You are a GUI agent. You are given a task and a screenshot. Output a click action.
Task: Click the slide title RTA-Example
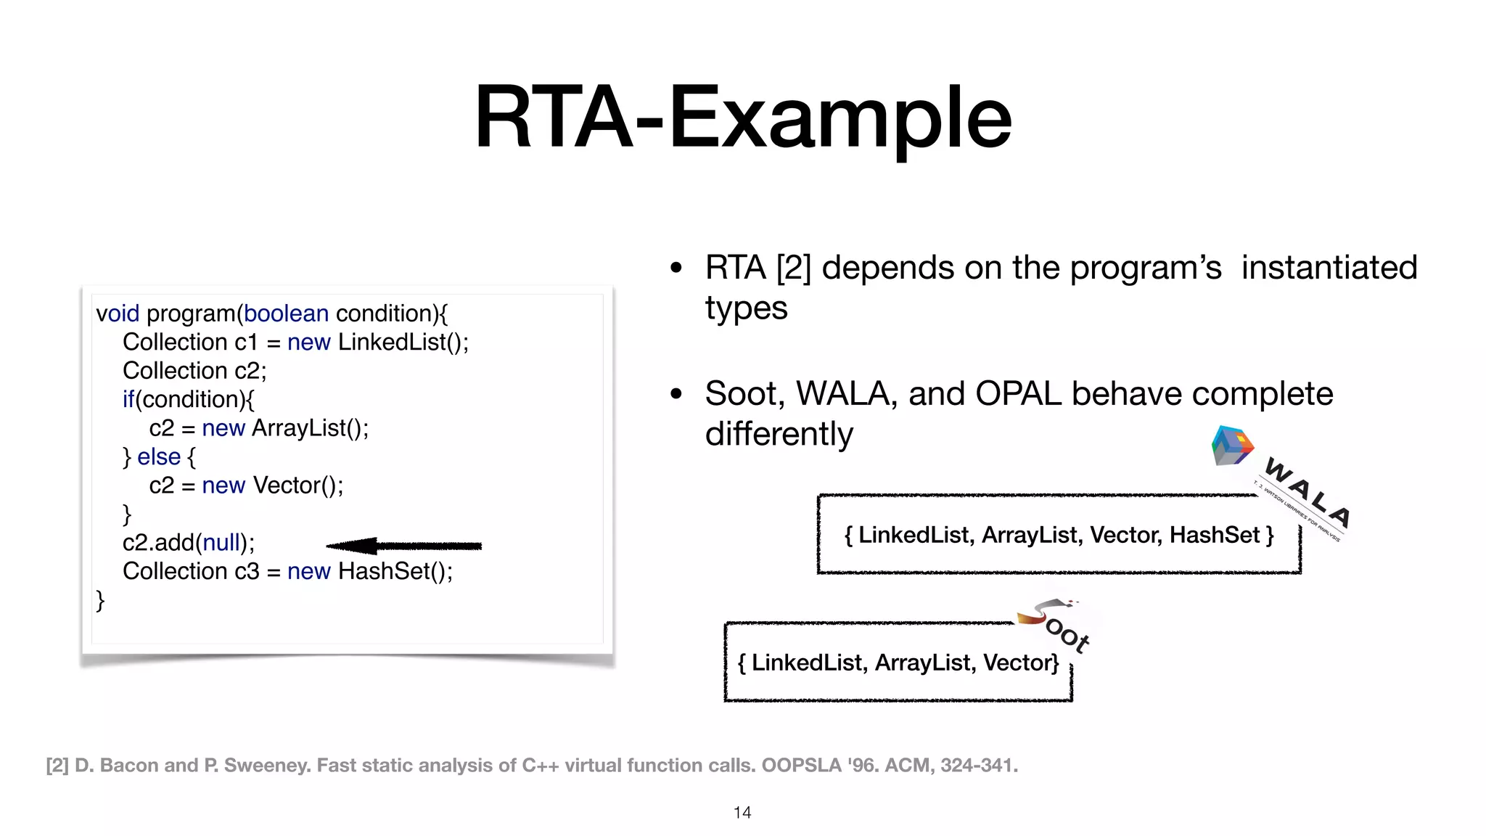pos(742,118)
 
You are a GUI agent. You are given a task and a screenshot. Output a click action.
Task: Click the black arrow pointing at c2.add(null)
pos(403,546)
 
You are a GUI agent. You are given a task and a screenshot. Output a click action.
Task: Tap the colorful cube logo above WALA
pos(1232,446)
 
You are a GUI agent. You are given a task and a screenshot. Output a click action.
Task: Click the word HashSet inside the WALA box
pos(1214,536)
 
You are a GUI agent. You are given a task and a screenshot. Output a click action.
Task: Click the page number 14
pos(742,813)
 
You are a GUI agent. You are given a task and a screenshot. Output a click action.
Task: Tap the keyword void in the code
pos(118,313)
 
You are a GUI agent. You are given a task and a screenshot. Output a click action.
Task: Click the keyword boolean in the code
pos(286,313)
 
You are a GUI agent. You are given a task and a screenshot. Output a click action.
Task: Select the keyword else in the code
pos(159,457)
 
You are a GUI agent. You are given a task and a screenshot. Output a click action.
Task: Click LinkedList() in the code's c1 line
pos(403,343)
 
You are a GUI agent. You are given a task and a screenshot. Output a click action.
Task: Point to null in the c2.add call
pos(221,543)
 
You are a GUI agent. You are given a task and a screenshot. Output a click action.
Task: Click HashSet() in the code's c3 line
pos(395,572)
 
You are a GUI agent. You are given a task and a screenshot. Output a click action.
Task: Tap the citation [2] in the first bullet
pos(793,268)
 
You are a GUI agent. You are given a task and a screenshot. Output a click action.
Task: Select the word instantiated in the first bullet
pos(1329,268)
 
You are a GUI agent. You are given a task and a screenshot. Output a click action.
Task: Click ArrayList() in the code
pos(310,428)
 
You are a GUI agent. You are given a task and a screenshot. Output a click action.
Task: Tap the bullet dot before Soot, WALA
pos(676,394)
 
